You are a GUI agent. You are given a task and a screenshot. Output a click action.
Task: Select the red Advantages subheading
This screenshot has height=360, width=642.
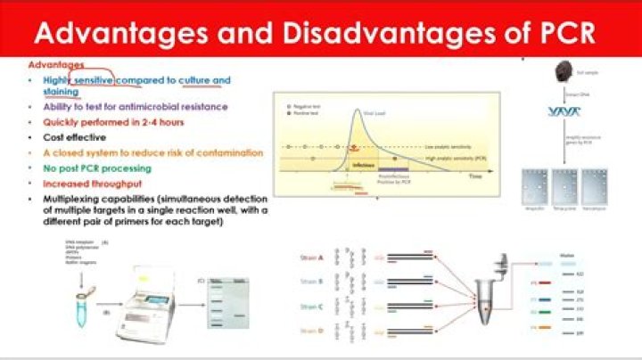coord(56,65)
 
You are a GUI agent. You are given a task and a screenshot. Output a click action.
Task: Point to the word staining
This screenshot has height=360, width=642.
coord(61,92)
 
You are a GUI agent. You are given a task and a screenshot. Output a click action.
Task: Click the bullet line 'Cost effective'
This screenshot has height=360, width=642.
coord(74,137)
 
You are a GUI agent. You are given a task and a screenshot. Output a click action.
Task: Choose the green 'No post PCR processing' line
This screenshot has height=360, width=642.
coord(97,167)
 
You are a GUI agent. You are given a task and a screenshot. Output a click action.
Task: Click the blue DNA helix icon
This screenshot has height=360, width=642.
coord(564,111)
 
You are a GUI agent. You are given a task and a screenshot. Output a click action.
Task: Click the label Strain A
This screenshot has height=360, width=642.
coord(311,258)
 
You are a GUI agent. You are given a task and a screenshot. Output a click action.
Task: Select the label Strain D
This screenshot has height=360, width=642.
coord(311,332)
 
